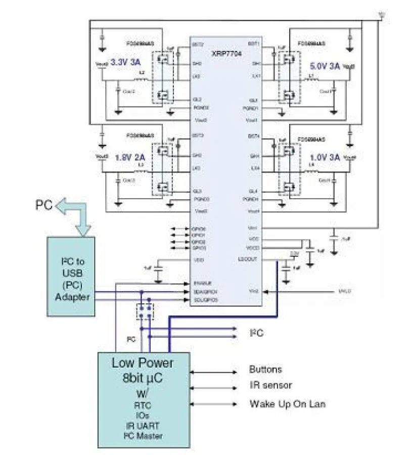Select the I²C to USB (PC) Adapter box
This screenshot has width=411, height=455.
click(x=71, y=276)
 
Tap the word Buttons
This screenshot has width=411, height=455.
click(x=265, y=370)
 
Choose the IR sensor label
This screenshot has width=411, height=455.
click(x=270, y=386)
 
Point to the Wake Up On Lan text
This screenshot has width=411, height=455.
click(x=287, y=403)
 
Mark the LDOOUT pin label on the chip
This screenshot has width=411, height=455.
click(x=251, y=259)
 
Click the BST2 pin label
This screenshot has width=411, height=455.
click(x=198, y=44)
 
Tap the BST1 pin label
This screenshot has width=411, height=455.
click(x=254, y=44)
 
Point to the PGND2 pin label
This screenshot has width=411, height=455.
click(x=201, y=108)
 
